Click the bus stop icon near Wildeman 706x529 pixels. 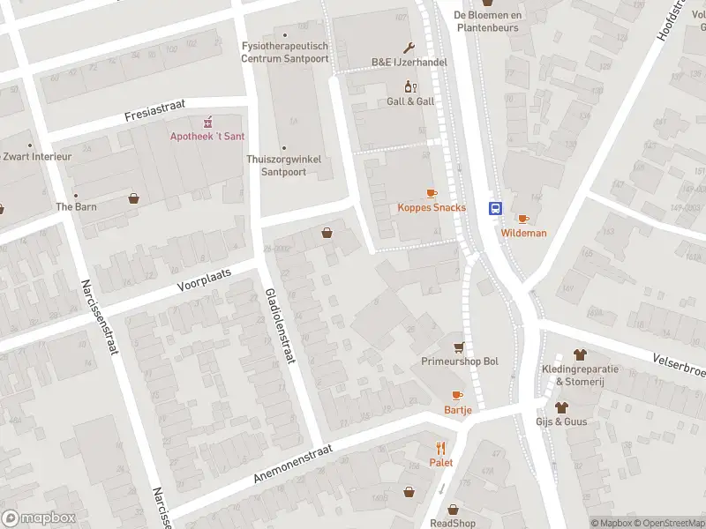tap(496, 209)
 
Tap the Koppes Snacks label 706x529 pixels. tap(431, 208)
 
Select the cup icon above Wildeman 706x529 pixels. tap(523, 219)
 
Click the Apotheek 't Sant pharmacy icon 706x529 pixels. tap(208, 122)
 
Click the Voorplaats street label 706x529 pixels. tap(204, 279)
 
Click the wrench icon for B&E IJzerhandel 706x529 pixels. tap(409, 48)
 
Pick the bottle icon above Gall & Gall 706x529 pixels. tap(409, 86)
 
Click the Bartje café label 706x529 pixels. tap(457, 410)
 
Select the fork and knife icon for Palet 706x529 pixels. tap(441, 448)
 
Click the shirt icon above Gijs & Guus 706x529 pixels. tap(561, 406)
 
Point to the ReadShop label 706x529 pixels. tap(453, 523)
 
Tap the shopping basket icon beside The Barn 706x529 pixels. tap(134, 198)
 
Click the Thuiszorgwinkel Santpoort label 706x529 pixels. tap(283, 166)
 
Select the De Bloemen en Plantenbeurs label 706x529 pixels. tap(488, 21)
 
